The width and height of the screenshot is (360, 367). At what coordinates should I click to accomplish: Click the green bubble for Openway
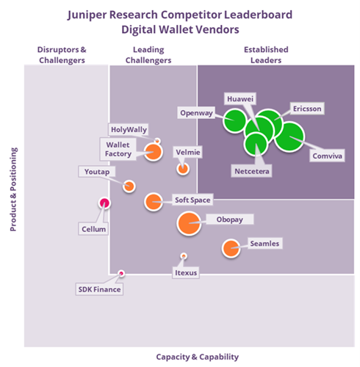pyautogui.click(x=234, y=121)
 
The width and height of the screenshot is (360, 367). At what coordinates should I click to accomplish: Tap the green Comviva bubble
pyautogui.click(x=289, y=137)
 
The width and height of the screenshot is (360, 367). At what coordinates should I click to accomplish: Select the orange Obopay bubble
pyautogui.click(x=189, y=223)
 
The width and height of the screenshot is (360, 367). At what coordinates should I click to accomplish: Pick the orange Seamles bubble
pyautogui.click(x=231, y=248)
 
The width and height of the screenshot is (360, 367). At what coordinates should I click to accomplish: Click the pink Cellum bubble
pyautogui.click(x=104, y=203)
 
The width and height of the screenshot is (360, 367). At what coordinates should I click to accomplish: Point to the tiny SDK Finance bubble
pyautogui.click(x=121, y=273)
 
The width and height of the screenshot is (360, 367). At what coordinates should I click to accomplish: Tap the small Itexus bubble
pyautogui.click(x=184, y=256)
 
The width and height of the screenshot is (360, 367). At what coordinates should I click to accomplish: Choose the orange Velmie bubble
pyautogui.click(x=183, y=169)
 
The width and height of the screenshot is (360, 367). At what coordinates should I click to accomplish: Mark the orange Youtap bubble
pyautogui.click(x=129, y=186)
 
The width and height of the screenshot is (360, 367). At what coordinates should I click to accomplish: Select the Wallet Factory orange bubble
pyautogui.click(x=153, y=152)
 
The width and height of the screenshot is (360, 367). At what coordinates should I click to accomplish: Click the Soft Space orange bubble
pyautogui.click(x=154, y=202)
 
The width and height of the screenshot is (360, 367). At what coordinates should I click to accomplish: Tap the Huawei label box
pyautogui.click(x=240, y=99)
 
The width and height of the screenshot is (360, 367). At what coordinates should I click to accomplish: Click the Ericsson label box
pyautogui.click(x=307, y=109)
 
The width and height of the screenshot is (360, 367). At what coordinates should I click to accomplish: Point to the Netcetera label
pyautogui.click(x=252, y=171)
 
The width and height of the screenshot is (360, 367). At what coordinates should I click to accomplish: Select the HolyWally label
pyautogui.click(x=129, y=129)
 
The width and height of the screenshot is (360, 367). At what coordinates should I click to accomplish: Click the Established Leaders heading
pyautogui.click(x=266, y=55)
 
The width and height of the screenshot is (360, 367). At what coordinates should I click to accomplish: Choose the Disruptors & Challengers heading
pyautogui.click(x=62, y=55)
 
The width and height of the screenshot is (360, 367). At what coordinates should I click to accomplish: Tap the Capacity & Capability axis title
pyautogui.click(x=198, y=357)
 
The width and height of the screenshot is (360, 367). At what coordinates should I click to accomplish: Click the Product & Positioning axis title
pyautogui.click(x=13, y=189)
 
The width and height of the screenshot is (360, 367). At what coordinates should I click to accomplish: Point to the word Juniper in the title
pyautogui.click(x=87, y=15)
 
